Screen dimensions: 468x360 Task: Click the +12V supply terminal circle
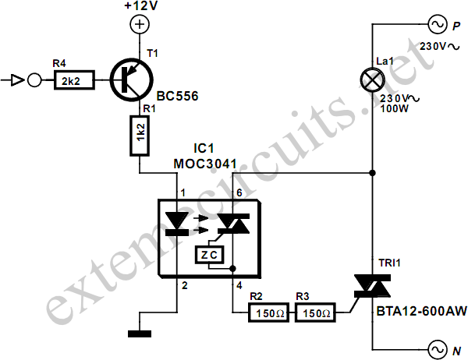pyautogui.click(x=140, y=24)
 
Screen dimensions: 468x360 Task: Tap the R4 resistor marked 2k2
pyautogui.click(x=74, y=80)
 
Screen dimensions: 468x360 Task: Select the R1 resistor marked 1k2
pyautogui.click(x=140, y=136)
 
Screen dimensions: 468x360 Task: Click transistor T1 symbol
pyautogui.click(x=132, y=80)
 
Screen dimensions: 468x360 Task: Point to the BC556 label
pyautogui.click(x=177, y=96)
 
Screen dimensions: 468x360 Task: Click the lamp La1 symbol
pyautogui.click(x=372, y=79)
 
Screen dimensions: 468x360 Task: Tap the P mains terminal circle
pyautogui.click(x=438, y=24)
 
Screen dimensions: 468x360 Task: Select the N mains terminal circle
pyautogui.click(x=438, y=350)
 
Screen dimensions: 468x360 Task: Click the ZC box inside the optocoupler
pyautogui.click(x=210, y=255)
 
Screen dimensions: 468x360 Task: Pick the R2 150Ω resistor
pyautogui.click(x=268, y=312)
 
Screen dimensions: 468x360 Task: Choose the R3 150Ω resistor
pyautogui.click(x=315, y=312)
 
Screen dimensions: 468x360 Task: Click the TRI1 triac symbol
pyautogui.click(x=372, y=286)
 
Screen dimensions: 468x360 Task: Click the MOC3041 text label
pyautogui.click(x=205, y=164)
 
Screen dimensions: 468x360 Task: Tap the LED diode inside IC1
pyautogui.click(x=177, y=224)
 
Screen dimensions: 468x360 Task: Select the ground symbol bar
pyautogui.click(x=140, y=334)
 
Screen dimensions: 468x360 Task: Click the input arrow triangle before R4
pyautogui.click(x=17, y=80)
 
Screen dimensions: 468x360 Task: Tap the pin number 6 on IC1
pyautogui.click(x=239, y=193)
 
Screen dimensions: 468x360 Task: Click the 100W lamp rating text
pyautogui.click(x=394, y=109)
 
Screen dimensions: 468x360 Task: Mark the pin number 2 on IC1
pyautogui.click(x=185, y=285)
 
